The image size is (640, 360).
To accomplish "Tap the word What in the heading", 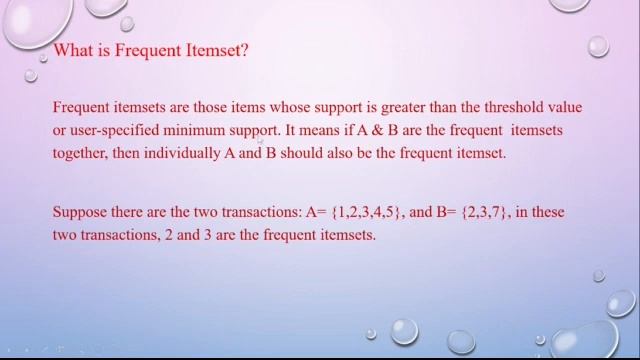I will (x=74, y=51).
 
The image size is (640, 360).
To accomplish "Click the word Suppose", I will (x=78, y=212).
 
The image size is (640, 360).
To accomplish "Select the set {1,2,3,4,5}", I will (x=366, y=212).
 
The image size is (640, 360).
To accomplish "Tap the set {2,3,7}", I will (x=485, y=212).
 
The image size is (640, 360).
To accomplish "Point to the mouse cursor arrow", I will (x=262, y=144).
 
